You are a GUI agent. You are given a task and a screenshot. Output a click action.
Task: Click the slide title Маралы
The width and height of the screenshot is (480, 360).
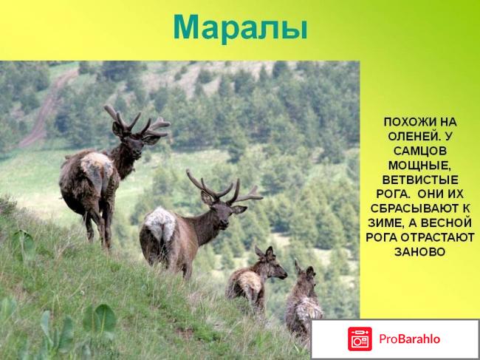[x=239, y=28]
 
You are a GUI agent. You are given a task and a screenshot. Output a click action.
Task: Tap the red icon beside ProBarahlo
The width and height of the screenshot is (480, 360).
[x=360, y=339]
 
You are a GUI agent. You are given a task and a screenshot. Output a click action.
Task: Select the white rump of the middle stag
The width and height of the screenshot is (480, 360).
[x=157, y=225]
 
